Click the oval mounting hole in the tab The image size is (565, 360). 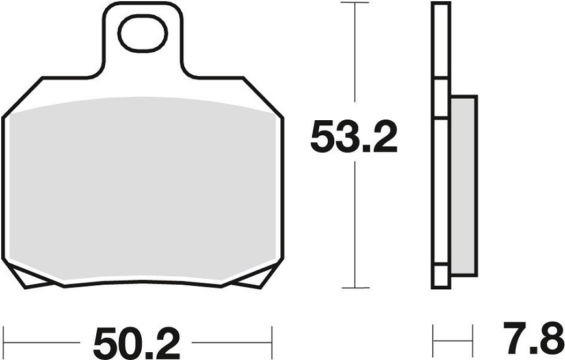click(143, 34)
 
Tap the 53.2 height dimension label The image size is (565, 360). click(354, 137)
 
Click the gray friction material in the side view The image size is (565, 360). click(464, 186)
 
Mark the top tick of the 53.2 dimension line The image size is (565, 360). click(355, 3)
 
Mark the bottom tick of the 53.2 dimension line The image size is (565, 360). click(355, 288)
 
